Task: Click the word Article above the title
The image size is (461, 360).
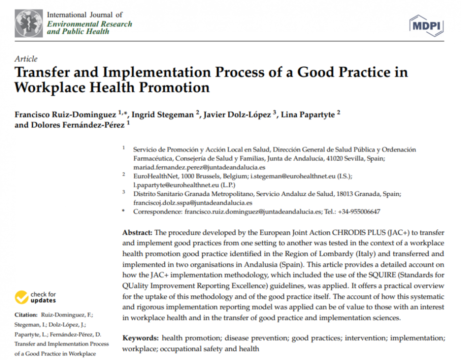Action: click(x=26, y=59)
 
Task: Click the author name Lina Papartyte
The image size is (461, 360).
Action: click(x=307, y=114)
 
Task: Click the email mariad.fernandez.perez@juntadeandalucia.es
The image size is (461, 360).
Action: click(x=199, y=167)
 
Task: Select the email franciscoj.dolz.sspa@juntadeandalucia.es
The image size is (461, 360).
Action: click(x=192, y=203)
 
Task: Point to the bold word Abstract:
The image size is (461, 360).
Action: click(x=137, y=233)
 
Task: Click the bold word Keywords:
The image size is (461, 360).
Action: click(x=140, y=338)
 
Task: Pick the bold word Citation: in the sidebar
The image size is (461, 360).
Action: click(x=26, y=314)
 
